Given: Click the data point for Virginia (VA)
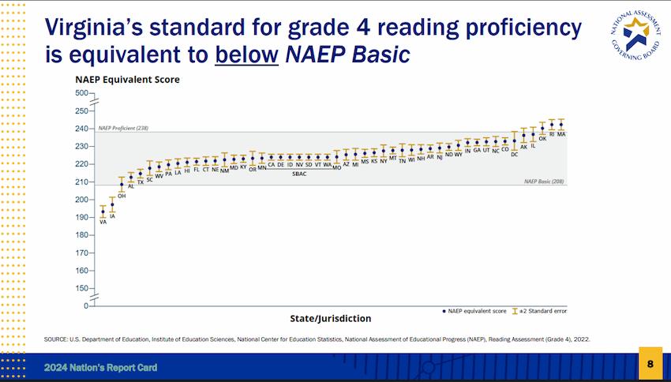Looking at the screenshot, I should point(103,212).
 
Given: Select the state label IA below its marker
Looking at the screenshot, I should point(112,215).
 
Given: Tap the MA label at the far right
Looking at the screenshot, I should point(561,135).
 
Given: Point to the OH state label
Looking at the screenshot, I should point(122,196).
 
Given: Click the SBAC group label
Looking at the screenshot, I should point(299,174).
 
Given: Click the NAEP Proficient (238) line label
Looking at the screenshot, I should point(123,128).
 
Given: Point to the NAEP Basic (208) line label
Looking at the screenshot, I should point(545,182).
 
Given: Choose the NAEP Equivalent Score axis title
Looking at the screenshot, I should point(127,80).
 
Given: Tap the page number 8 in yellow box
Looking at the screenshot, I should point(650,364).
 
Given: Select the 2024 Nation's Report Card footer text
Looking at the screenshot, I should point(99,368).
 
